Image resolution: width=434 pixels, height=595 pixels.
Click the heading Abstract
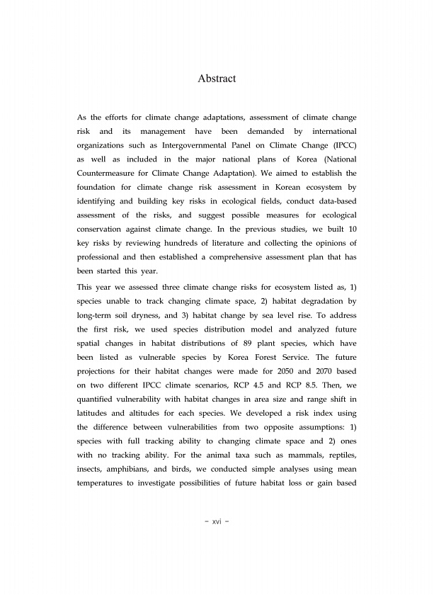tap(217, 79)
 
